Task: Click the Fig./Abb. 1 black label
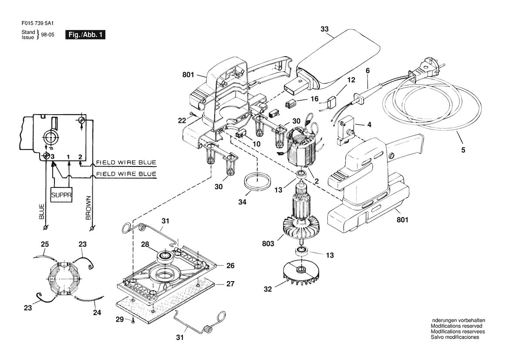[x=85, y=35]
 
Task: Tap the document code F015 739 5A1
[x=37, y=24]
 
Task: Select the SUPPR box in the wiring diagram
[x=61, y=195]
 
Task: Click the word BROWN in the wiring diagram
[x=89, y=208]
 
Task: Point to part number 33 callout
[x=325, y=29]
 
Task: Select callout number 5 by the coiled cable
[x=463, y=150]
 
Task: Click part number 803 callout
[x=268, y=243]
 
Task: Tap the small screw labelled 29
[x=133, y=321]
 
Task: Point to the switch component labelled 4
[x=345, y=131]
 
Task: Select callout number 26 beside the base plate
[x=230, y=265]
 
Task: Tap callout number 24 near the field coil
[x=97, y=312]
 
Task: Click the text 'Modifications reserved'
[x=456, y=326]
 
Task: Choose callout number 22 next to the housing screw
[x=182, y=121]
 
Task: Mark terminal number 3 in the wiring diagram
[x=52, y=156]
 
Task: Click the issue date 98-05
[x=48, y=35]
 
